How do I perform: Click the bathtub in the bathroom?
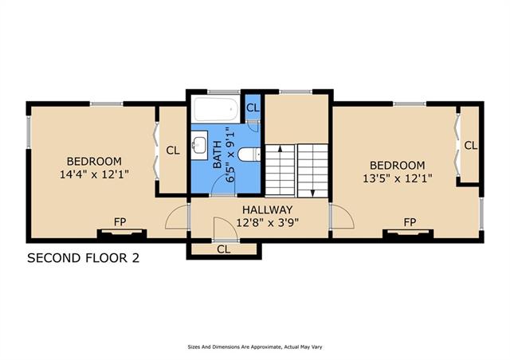point(216,108)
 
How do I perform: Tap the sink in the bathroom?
point(198,145)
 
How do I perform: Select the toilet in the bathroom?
point(249,155)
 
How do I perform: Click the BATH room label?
point(218,155)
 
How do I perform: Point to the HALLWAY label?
point(268,209)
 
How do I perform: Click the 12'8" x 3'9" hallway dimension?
point(268,223)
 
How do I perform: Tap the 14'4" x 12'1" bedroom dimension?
point(94,174)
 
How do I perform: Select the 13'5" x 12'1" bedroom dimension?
point(398,178)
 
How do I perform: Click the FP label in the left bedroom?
point(120,222)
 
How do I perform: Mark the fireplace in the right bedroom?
point(408,234)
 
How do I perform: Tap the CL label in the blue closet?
point(253,108)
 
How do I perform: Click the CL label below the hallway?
point(224,249)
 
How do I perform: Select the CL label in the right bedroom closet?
point(471,146)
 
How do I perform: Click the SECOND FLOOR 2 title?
point(83,258)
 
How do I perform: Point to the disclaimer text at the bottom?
point(255,347)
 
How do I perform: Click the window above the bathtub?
point(224,92)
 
